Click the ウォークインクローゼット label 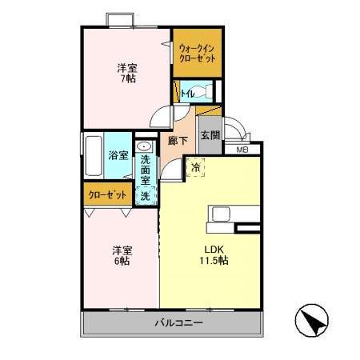click(x=196, y=53)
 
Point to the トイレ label click(x=186, y=94)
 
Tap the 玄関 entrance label click(x=209, y=136)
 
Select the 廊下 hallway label click(x=178, y=141)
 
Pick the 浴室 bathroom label click(x=118, y=154)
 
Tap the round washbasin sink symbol click(x=146, y=147)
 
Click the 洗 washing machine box click(x=146, y=195)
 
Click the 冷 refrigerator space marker click(x=196, y=168)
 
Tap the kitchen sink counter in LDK click(x=233, y=214)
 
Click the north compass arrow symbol click(x=313, y=322)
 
